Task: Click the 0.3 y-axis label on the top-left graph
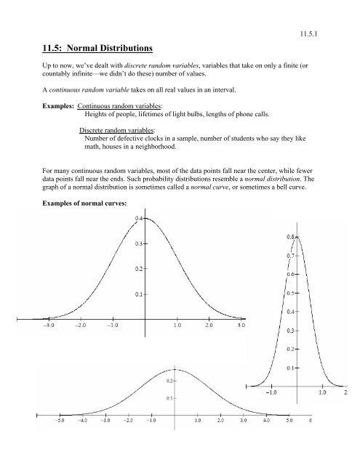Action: pyautogui.click(x=137, y=243)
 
